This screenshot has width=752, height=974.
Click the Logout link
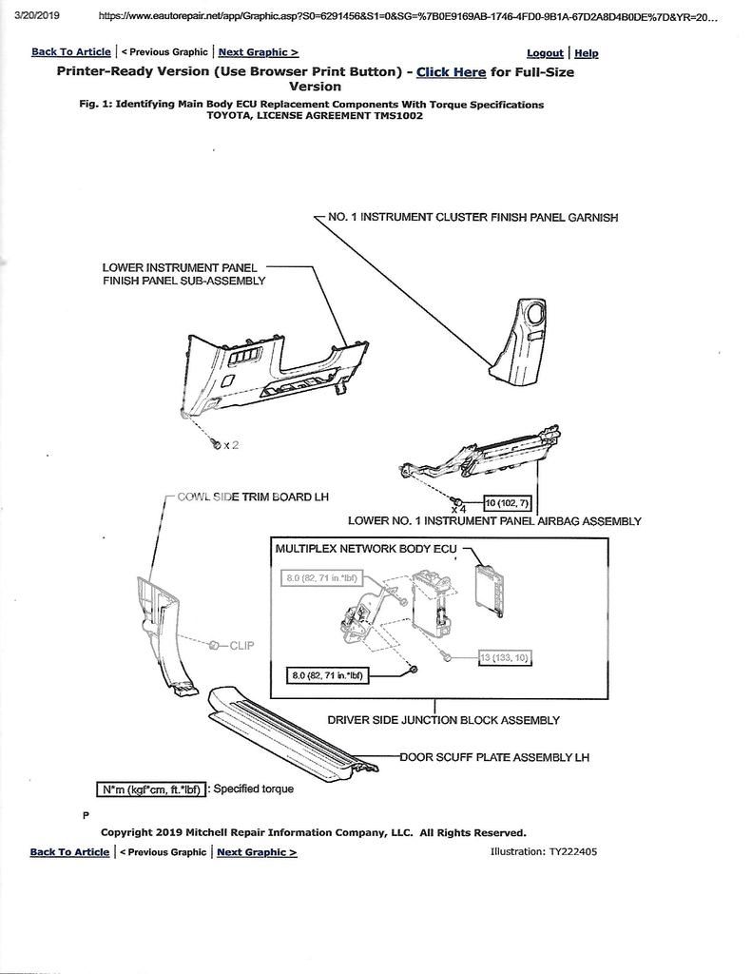(545, 53)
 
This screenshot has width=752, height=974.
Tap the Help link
(587, 53)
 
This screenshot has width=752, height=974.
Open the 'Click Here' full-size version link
(451, 72)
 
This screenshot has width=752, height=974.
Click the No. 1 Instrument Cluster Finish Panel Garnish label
(472, 217)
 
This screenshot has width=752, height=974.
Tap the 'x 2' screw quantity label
(230, 445)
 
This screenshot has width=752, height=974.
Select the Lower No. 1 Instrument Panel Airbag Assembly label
(494, 521)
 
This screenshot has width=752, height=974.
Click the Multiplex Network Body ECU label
(366, 549)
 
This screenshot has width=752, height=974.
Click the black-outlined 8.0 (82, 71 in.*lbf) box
(328, 675)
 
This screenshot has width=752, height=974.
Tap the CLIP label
(241, 645)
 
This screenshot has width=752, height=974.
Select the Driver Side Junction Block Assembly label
(443, 720)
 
